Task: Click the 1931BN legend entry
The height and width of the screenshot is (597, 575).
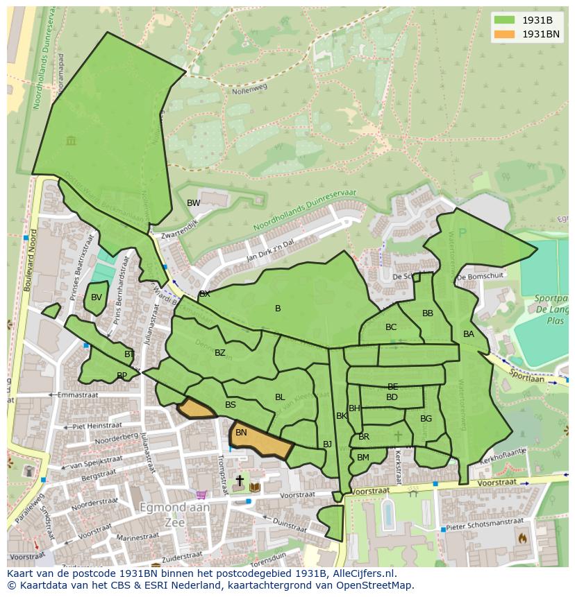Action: [530, 34]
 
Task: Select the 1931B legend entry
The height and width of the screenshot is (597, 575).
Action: [530, 20]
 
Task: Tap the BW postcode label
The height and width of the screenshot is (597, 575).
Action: [194, 203]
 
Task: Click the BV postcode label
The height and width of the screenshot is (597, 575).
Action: [97, 297]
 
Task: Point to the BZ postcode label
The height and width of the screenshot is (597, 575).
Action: [220, 353]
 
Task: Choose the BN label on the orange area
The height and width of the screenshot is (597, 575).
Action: [241, 433]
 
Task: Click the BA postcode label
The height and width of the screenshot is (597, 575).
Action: [469, 334]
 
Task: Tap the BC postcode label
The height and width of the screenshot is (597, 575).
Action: [391, 327]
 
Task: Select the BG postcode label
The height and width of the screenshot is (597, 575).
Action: [426, 418]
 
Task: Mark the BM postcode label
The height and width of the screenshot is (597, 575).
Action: [363, 458]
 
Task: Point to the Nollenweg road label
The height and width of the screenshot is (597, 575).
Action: [250, 89]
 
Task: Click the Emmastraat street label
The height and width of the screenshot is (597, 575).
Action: [78, 395]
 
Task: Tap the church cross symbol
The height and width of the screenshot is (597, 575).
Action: [240, 480]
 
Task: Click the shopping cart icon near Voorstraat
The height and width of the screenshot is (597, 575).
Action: [201, 495]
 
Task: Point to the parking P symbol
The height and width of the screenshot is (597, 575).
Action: [463, 234]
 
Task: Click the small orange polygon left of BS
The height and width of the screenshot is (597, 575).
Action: [197, 408]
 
